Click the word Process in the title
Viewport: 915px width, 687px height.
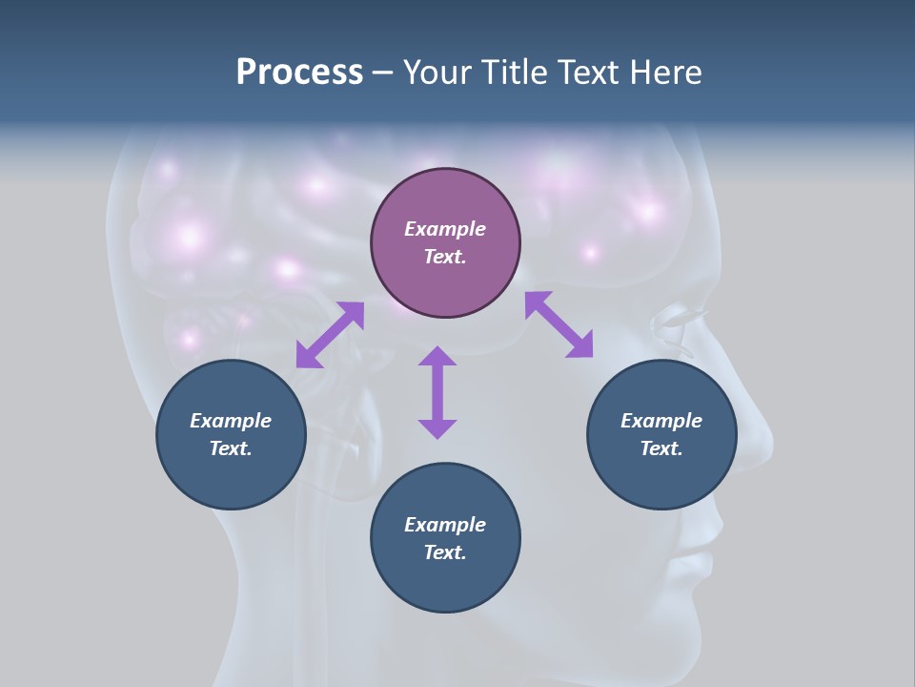coord(299,73)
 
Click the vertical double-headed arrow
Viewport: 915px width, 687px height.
coord(437,392)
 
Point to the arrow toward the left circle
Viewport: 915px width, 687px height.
coord(330,334)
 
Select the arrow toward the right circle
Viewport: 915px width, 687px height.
coord(559,324)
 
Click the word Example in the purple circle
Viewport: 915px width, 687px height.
coord(445,229)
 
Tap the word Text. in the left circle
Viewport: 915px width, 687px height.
coord(231,448)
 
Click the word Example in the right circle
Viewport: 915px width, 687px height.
coord(661,421)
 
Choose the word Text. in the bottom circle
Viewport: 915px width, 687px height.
coord(445,552)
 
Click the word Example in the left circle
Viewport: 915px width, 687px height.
coord(231,421)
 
